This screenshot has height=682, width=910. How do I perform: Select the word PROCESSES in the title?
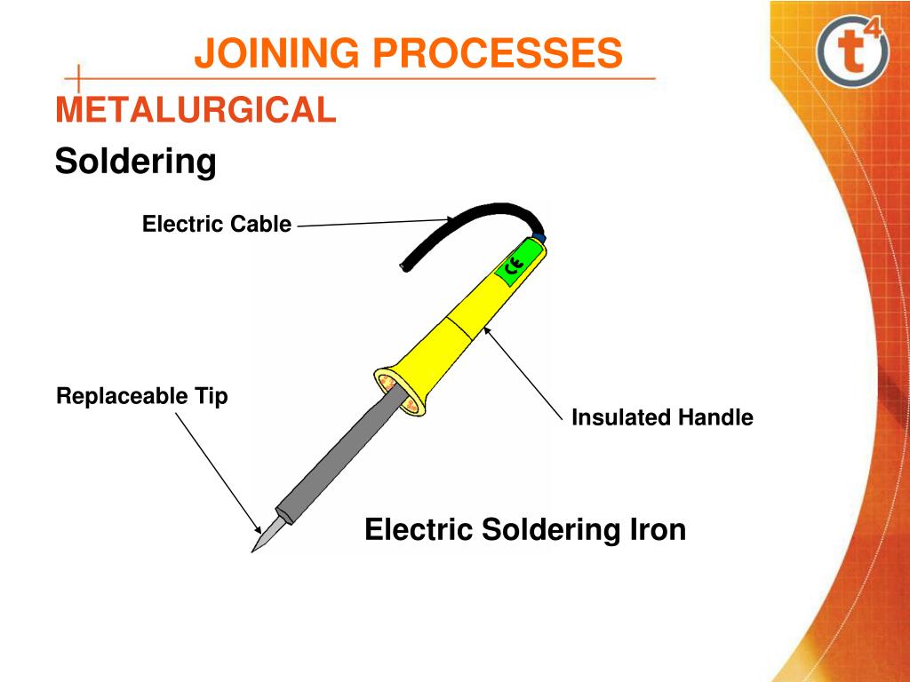(497, 53)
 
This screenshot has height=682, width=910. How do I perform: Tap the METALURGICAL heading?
(196, 111)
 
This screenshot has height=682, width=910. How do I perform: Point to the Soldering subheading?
(135, 162)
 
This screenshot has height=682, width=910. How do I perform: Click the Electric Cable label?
(216, 224)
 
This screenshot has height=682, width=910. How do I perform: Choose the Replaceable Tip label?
(141, 395)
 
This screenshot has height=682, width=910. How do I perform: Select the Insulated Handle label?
(662, 416)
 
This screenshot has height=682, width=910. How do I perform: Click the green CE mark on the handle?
(512, 266)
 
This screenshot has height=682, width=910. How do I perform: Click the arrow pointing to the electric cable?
(373, 223)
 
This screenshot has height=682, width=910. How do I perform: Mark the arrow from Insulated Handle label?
(524, 372)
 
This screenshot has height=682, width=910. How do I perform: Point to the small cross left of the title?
(78, 78)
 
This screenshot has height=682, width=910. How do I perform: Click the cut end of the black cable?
(406, 266)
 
